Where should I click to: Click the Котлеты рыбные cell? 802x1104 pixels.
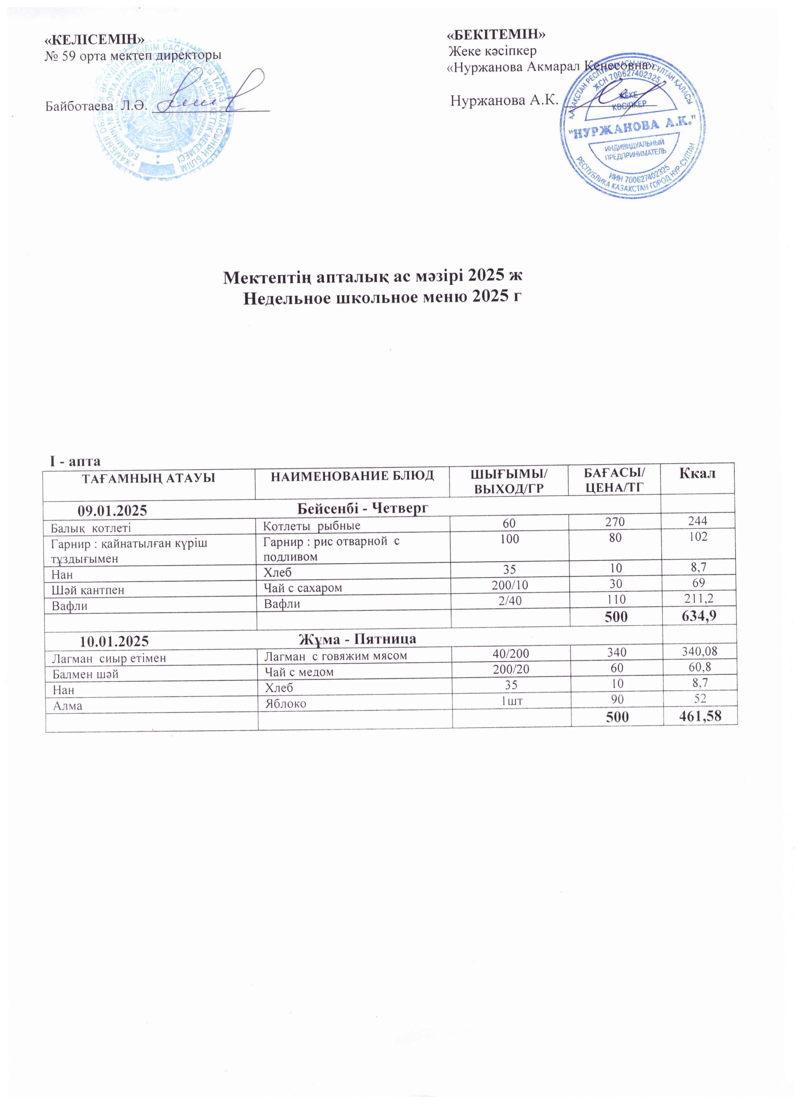311,526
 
